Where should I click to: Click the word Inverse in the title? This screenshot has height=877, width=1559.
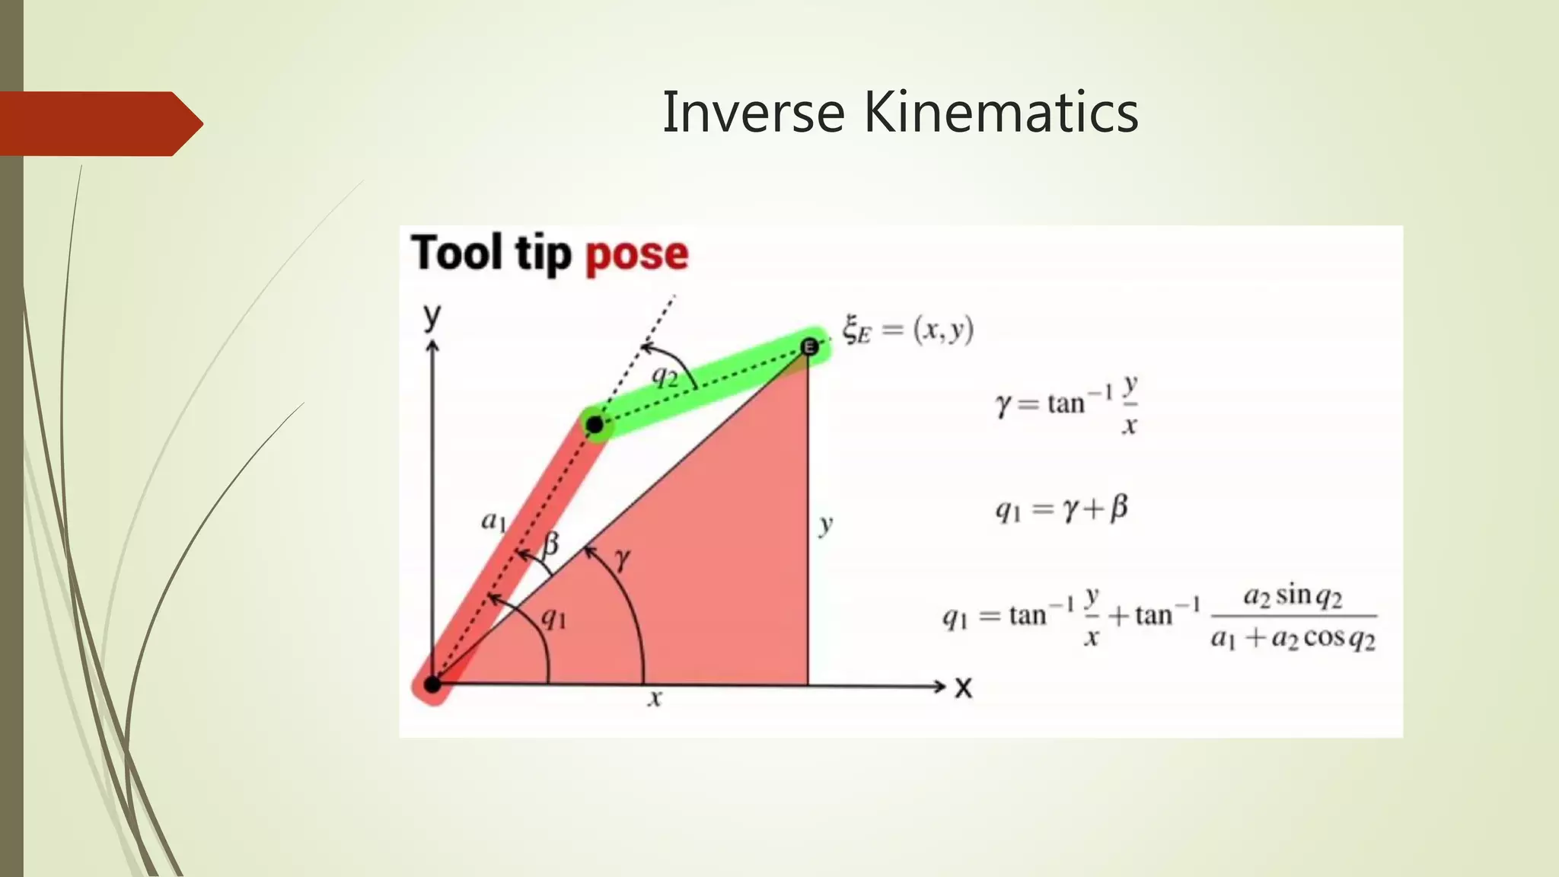[754, 113]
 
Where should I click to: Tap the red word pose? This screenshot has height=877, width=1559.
[636, 254]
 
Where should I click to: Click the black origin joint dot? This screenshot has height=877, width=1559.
[432, 684]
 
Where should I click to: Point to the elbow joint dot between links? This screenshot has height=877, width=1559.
[595, 425]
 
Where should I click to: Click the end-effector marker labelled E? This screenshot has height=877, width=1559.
[809, 347]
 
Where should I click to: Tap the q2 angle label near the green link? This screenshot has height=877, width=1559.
[665, 375]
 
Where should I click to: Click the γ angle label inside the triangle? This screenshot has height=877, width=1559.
[623, 560]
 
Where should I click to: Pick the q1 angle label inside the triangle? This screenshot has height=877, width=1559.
[553, 619]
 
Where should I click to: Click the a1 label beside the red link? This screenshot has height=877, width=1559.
[493, 521]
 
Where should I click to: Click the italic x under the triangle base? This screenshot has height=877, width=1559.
[655, 697]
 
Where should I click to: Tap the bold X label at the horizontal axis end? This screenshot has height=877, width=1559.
[964, 688]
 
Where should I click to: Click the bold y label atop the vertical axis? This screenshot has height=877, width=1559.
[432, 315]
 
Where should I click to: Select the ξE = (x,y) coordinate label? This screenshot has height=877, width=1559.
[907, 330]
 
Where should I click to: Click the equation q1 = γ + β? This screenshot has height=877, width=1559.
[1062, 509]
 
